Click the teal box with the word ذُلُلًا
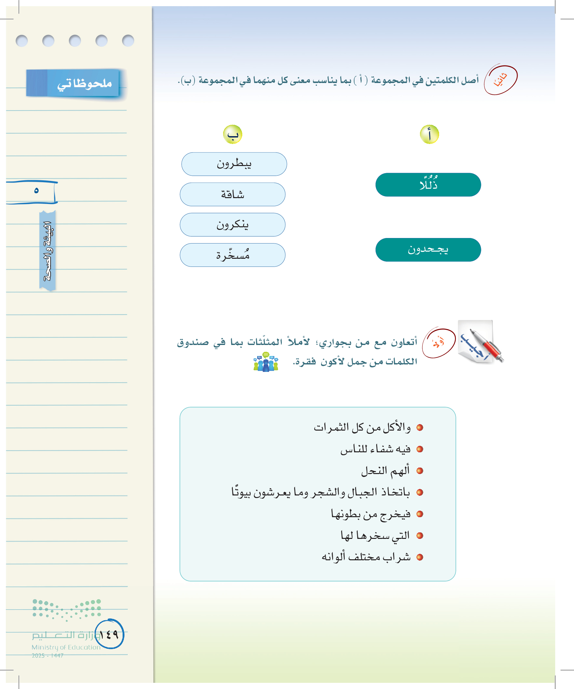428,185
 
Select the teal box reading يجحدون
428,250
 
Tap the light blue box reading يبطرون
234,164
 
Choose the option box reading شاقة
233,195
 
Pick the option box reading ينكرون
233,225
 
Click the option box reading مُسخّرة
233,255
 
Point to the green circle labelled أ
429,134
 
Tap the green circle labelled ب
233,134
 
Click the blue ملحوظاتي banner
73,83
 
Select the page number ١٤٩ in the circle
109,635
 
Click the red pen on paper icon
480,342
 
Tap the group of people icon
266,362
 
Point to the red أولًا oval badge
439,342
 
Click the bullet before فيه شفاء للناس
419,449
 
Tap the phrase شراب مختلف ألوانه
366,557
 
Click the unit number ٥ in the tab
36,191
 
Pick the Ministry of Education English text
66,647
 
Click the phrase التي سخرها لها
375,535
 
